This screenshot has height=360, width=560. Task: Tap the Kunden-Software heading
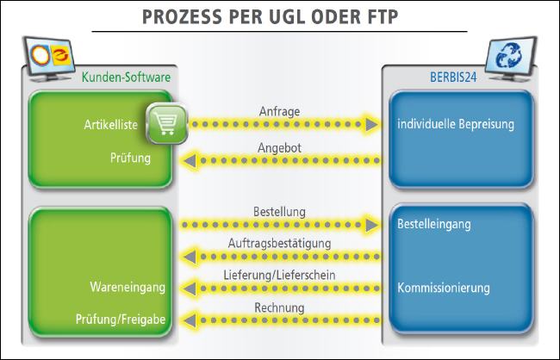[126, 77]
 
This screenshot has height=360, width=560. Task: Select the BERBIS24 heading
[453, 78]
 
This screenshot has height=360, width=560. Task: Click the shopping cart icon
[167, 123]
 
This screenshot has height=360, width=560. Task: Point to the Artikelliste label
[111, 125]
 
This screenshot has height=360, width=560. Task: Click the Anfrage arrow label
[279, 111]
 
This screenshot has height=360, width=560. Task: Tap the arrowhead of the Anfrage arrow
[371, 124]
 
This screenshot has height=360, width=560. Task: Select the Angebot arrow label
[279, 148]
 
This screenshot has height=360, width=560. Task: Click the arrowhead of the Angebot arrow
[190, 161]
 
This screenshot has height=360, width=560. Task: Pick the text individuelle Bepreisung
[456, 124]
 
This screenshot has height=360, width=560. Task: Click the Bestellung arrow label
[279, 212]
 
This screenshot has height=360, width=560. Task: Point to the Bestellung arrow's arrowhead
[371, 225]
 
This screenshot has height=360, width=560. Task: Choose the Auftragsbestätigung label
[279, 244]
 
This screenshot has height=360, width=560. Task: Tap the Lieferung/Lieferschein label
[279, 275]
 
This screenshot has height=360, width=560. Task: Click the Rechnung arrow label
[279, 307]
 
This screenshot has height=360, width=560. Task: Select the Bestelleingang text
[434, 224]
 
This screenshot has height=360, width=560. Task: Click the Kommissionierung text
[444, 288]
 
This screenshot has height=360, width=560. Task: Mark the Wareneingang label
[128, 287]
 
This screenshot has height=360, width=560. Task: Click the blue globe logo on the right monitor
[509, 56]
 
